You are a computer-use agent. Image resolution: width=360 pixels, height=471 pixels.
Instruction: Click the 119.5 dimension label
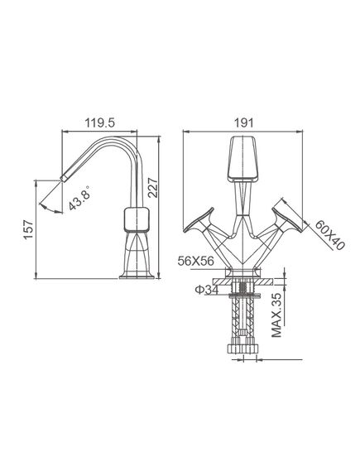point(99,123)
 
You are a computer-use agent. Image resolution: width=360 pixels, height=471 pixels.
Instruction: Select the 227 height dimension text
point(153,188)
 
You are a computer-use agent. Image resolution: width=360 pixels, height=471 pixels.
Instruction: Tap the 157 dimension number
point(29,230)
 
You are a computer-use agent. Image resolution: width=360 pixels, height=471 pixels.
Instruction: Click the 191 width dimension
point(243,123)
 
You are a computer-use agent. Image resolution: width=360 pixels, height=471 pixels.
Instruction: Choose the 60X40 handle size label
point(330,235)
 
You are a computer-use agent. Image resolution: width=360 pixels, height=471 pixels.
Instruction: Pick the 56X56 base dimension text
point(196,261)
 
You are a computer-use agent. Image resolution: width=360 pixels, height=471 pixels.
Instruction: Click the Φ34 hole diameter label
point(207,291)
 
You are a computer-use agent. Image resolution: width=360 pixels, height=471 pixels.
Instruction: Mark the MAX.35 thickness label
point(276,315)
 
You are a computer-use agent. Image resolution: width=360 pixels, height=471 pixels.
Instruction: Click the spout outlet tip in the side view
point(63,178)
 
